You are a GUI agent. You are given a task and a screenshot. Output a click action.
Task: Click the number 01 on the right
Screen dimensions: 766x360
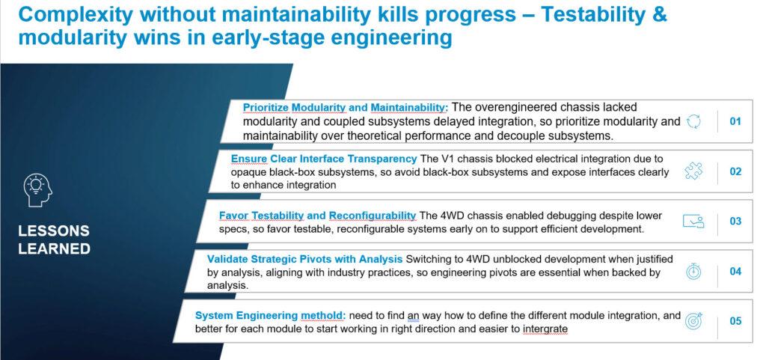(x=735, y=121)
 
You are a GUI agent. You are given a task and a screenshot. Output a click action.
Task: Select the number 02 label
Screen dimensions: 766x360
(x=735, y=171)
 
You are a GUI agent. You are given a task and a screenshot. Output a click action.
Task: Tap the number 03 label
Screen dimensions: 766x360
(x=735, y=222)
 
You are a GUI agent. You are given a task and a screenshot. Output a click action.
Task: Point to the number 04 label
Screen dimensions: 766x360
(x=735, y=271)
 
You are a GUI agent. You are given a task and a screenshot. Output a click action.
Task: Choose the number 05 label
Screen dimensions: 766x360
(x=735, y=321)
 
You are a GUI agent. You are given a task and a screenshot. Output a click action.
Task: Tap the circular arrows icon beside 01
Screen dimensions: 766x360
(x=693, y=122)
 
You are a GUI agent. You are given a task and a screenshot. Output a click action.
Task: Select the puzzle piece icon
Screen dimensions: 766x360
(x=693, y=171)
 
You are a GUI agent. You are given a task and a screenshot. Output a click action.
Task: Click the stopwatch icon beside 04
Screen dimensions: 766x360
(x=693, y=271)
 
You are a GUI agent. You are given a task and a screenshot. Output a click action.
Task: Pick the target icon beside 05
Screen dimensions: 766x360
(x=693, y=320)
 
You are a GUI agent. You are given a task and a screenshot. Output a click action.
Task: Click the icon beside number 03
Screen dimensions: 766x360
(x=693, y=222)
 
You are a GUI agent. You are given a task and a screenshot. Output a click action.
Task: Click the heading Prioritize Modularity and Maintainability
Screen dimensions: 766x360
(x=346, y=108)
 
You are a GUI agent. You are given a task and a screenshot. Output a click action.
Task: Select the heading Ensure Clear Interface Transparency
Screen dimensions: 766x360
(x=324, y=159)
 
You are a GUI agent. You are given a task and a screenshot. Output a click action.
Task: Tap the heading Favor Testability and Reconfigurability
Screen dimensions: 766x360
(x=317, y=216)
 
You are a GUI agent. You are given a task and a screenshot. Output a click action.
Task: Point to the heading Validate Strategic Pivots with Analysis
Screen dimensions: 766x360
(x=305, y=259)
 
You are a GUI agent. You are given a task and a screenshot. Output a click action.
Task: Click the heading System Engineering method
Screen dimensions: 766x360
(x=271, y=316)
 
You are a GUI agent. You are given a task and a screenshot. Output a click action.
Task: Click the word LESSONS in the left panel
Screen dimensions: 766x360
(x=54, y=231)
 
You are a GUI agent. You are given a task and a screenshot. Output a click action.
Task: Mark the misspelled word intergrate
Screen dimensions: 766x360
(x=545, y=329)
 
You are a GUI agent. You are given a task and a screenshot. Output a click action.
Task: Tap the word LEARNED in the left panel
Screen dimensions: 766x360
(x=54, y=248)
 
